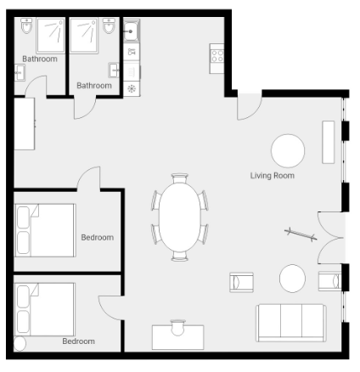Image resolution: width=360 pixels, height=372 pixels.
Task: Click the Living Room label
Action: pos(273,176)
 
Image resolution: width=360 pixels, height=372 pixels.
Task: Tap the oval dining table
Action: pos(180,217)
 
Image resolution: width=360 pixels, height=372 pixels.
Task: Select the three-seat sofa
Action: pos(291,323)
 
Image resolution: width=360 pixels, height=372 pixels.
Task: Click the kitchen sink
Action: pos(132,31)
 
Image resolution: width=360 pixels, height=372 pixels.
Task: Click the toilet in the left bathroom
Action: pos(26,25)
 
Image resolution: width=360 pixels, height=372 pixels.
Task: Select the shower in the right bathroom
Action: pos(84,36)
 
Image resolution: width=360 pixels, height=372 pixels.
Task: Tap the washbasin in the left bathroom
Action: pos(20,72)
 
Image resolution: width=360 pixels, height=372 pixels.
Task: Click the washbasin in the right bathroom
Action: pos(114,70)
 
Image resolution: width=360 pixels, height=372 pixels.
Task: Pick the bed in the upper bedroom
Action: pos(45,230)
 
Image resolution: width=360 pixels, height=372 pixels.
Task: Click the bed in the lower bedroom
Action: pos(45,309)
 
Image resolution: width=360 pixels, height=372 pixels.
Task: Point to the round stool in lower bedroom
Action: pos(20,344)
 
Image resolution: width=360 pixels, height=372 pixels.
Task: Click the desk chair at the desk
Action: pos(177,328)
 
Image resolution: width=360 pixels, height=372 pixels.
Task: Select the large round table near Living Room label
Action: pos(288,151)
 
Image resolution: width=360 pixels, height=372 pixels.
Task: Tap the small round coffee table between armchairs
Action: pos(292,279)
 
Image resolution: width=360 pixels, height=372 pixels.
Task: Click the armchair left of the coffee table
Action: pos(241,282)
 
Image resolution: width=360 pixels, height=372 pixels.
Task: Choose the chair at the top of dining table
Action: pos(180,178)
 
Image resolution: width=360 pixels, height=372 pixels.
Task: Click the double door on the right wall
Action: pos(330,238)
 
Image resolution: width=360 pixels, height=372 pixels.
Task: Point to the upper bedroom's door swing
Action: pos(88,178)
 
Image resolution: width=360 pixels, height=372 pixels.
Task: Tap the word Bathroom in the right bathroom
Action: pos(94,86)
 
